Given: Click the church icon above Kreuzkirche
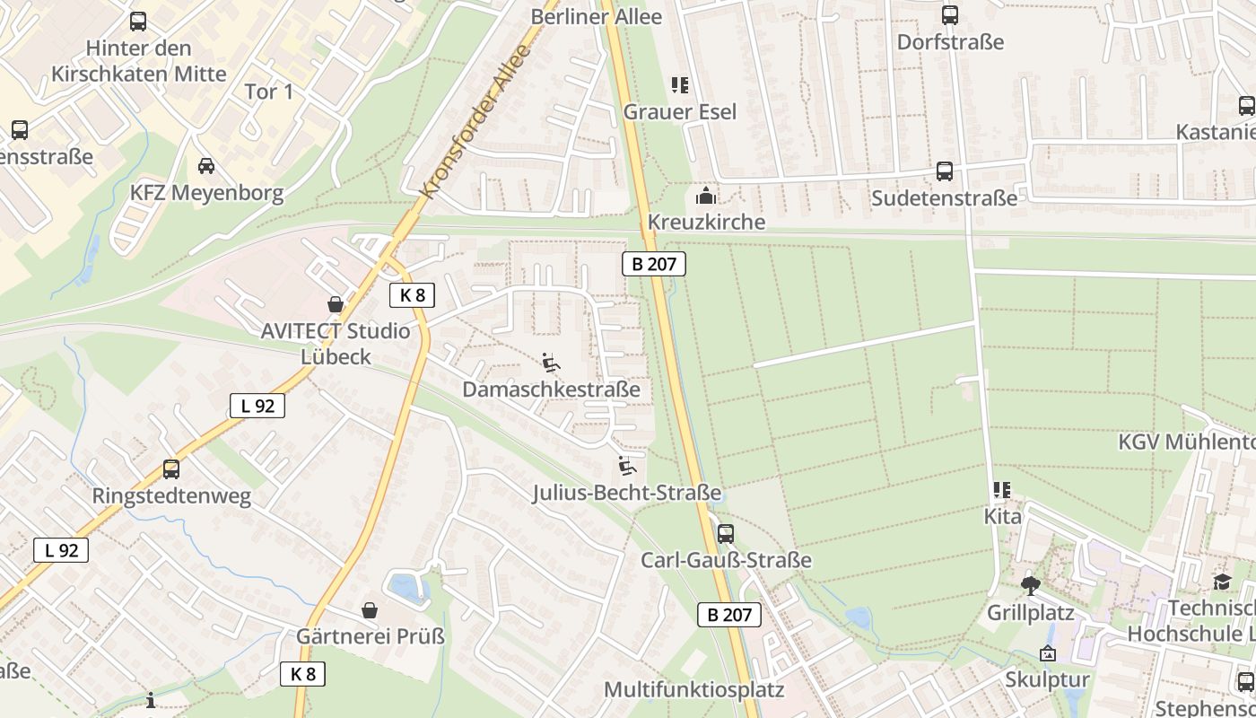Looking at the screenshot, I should click(x=706, y=195).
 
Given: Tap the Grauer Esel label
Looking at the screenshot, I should click(x=680, y=112).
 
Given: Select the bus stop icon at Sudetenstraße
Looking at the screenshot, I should click(x=945, y=171).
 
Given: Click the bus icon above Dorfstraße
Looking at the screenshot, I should click(x=949, y=15).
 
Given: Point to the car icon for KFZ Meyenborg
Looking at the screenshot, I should click(x=206, y=166).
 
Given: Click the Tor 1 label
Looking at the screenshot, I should click(x=269, y=92).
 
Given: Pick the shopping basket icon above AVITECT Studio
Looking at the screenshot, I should click(x=336, y=304).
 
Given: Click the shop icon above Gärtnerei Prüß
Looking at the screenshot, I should click(x=370, y=610).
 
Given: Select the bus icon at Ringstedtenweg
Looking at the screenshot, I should click(x=170, y=468).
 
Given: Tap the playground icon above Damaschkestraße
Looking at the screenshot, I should click(x=551, y=363).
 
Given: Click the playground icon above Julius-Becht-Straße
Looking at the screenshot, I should click(x=627, y=466).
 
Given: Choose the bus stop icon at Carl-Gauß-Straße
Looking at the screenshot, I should click(x=726, y=534).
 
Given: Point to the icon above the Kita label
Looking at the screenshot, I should click(x=1002, y=490).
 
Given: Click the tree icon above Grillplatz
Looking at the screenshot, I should click(x=1030, y=586).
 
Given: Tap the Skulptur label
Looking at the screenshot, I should click(x=1047, y=679).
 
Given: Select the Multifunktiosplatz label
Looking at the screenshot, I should click(x=694, y=690).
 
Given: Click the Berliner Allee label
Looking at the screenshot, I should click(x=597, y=16).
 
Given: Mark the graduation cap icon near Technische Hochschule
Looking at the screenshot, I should click(x=1222, y=582).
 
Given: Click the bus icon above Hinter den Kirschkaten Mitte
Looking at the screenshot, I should click(x=138, y=22).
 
